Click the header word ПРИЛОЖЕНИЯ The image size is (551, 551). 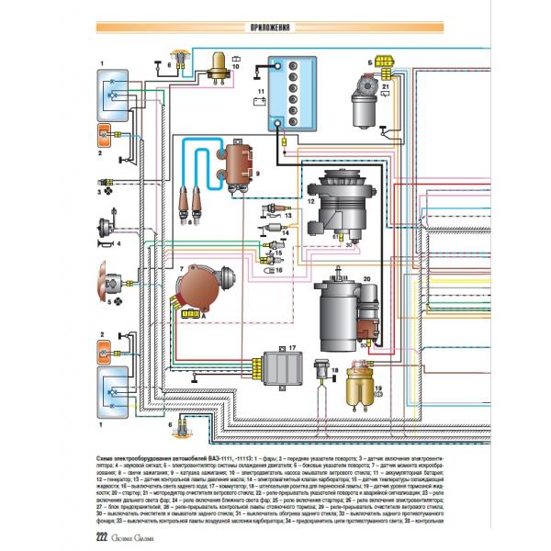tap(275, 28)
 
